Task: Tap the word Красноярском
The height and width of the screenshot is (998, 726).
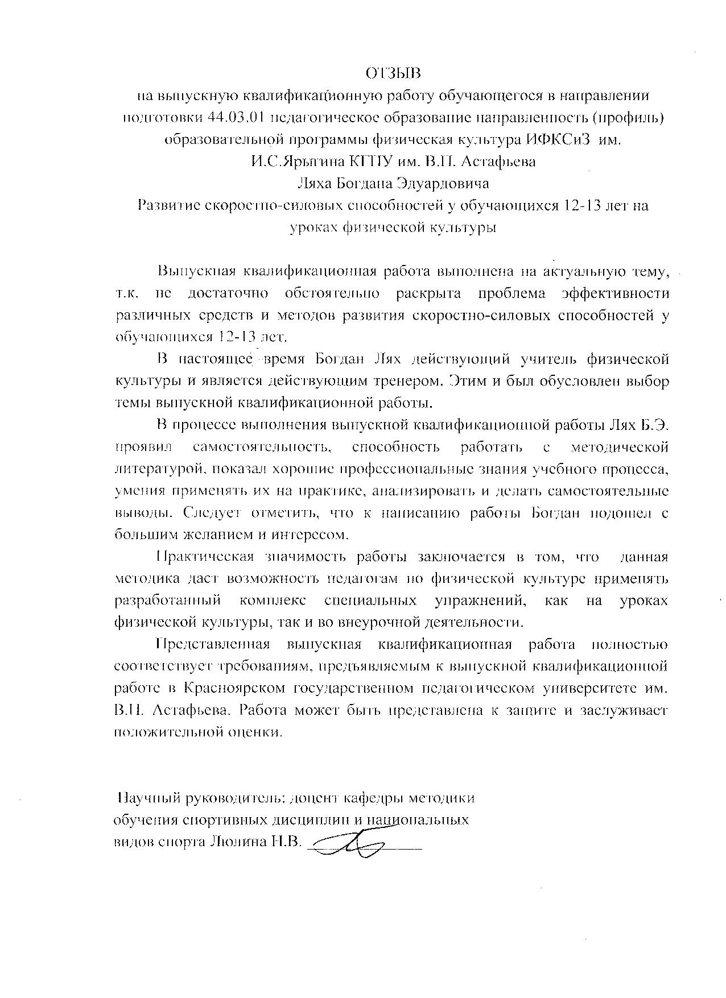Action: coord(234,689)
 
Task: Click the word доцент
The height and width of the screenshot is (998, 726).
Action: coord(316,798)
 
